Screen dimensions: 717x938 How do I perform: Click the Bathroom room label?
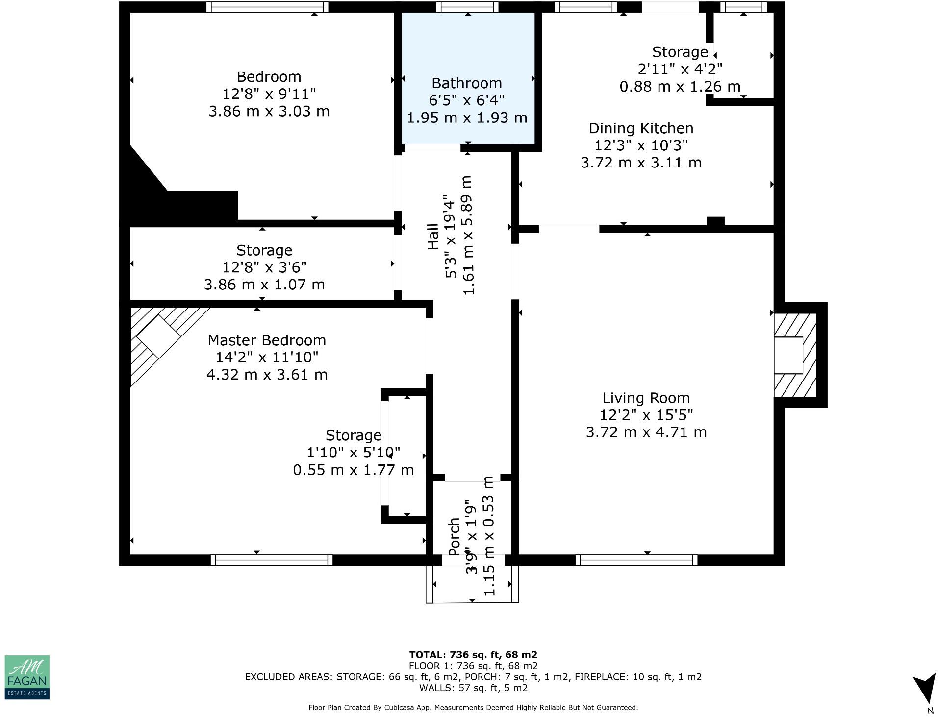pyautogui.click(x=466, y=83)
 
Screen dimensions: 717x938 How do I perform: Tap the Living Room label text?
pyautogui.click(x=646, y=398)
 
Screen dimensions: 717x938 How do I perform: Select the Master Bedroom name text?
pyautogui.click(x=267, y=340)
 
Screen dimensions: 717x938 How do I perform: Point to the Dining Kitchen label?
pyautogui.click(x=641, y=128)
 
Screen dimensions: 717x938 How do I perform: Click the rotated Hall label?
pyautogui.click(x=433, y=237)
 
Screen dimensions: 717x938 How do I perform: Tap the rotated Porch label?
pyautogui.click(x=454, y=537)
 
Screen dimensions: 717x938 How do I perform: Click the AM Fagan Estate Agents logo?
pyautogui.click(x=27, y=677)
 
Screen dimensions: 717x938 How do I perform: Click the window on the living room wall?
pyautogui.click(x=636, y=560)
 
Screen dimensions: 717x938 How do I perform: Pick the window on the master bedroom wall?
pyautogui.click(x=271, y=560)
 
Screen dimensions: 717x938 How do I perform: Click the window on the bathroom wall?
pyautogui.click(x=467, y=7)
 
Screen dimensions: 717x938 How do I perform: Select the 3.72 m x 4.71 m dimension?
pyautogui.click(x=646, y=432)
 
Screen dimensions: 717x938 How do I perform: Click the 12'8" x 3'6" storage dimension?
pyautogui.click(x=264, y=267)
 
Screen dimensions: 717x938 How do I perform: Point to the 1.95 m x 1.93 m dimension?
pyautogui.click(x=466, y=118)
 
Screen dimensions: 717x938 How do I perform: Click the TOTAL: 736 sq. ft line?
pyautogui.click(x=473, y=654)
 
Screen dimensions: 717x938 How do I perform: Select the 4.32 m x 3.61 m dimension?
pyautogui.click(x=267, y=375)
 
